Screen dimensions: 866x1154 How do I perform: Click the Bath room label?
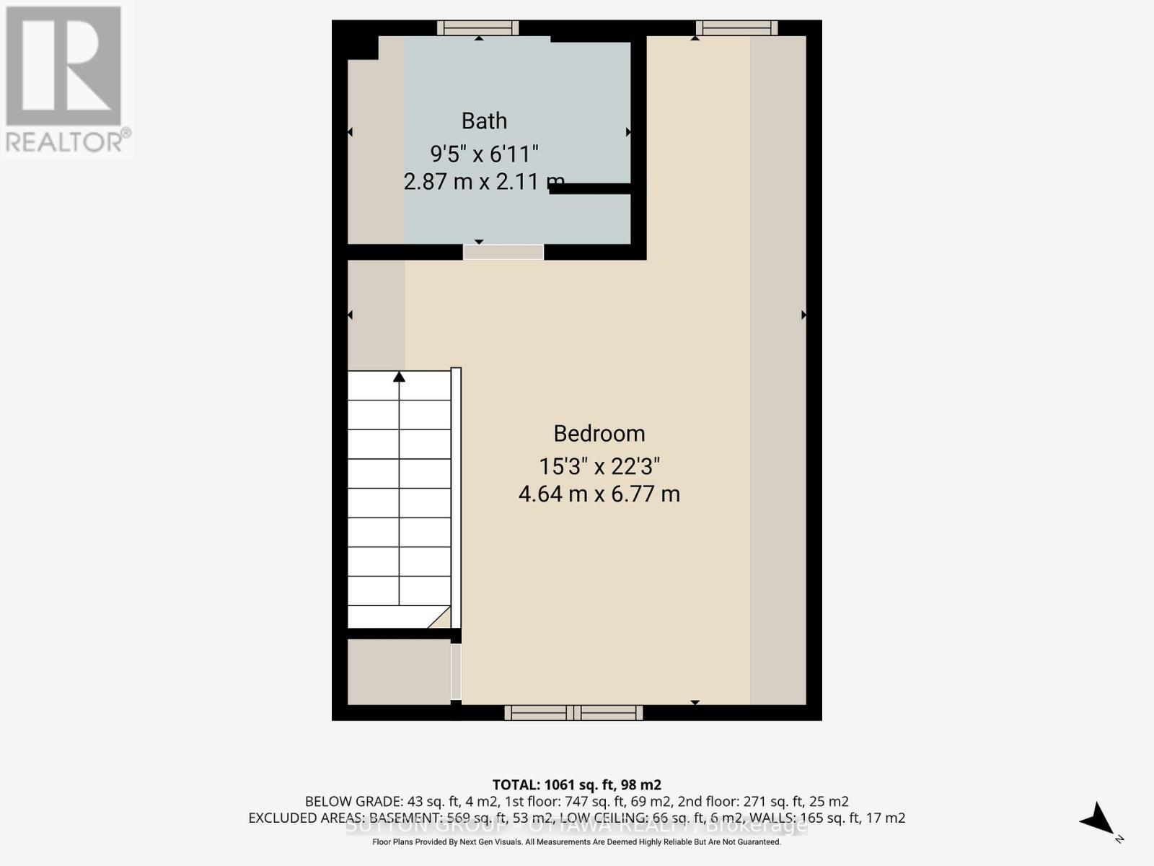(x=484, y=121)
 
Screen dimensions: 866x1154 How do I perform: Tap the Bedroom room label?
(x=599, y=434)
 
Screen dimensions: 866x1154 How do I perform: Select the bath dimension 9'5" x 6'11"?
(x=484, y=154)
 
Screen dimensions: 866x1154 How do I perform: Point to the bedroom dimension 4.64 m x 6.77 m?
(x=599, y=494)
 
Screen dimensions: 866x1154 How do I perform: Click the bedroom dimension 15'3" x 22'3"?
(x=599, y=466)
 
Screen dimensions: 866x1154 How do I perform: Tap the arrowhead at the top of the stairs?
(x=399, y=377)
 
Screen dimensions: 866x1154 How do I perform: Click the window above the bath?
(x=477, y=28)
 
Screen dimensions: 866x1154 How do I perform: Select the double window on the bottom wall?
(x=573, y=713)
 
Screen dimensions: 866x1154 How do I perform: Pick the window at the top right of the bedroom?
(x=736, y=28)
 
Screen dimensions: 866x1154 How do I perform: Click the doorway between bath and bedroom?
(x=503, y=252)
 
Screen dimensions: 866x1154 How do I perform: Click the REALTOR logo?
(x=65, y=79)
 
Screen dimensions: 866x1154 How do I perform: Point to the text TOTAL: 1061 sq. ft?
(x=576, y=784)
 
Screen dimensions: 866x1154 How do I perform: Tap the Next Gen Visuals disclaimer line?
(x=576, y=842)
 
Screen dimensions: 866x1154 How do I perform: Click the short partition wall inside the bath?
(x=590, y=189)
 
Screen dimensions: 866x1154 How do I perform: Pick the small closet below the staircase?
(x=399, y=672)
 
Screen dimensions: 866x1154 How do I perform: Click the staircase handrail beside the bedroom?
(x=456, y=498)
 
